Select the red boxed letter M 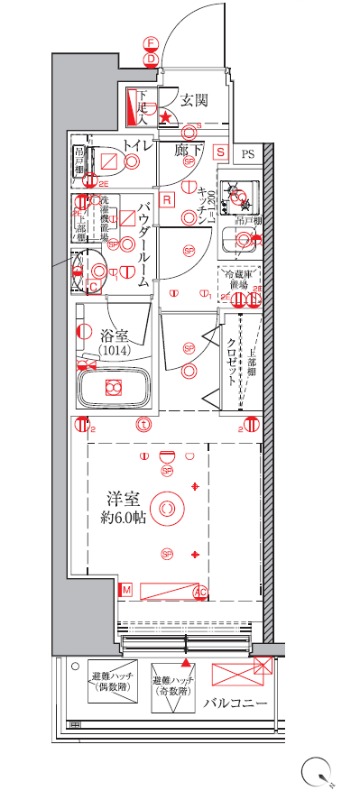pos(126,591)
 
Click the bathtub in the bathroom pos(113,388)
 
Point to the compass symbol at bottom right pos(321,772)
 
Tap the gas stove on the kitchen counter pos(239,191)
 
